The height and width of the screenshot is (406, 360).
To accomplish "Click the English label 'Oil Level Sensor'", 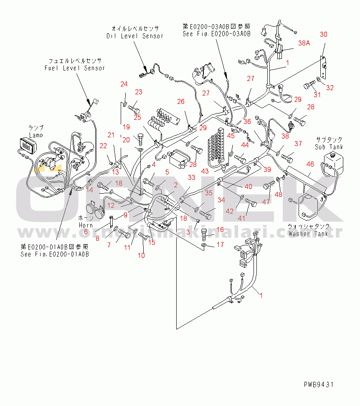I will [x=134, y=36].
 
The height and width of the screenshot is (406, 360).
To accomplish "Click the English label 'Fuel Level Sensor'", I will [x=75, y=68].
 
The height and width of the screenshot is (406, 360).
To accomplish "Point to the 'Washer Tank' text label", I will [x=308, y=234].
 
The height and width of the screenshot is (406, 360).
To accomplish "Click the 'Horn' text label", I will [x=86, y=225].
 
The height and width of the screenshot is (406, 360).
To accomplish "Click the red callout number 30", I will [x=324, y=35].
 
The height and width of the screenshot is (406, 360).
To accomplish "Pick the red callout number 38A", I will [x=304, y=43].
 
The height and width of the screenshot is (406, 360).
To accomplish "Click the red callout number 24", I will [x=124, y=84].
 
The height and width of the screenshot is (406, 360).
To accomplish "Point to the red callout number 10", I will [x=142, y=255].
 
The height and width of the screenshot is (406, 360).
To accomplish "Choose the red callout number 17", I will [x=220, y=245].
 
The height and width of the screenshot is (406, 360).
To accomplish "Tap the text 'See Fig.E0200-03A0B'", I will [x=216, y=34].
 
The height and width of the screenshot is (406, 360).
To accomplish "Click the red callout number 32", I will [x=330, y=88].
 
